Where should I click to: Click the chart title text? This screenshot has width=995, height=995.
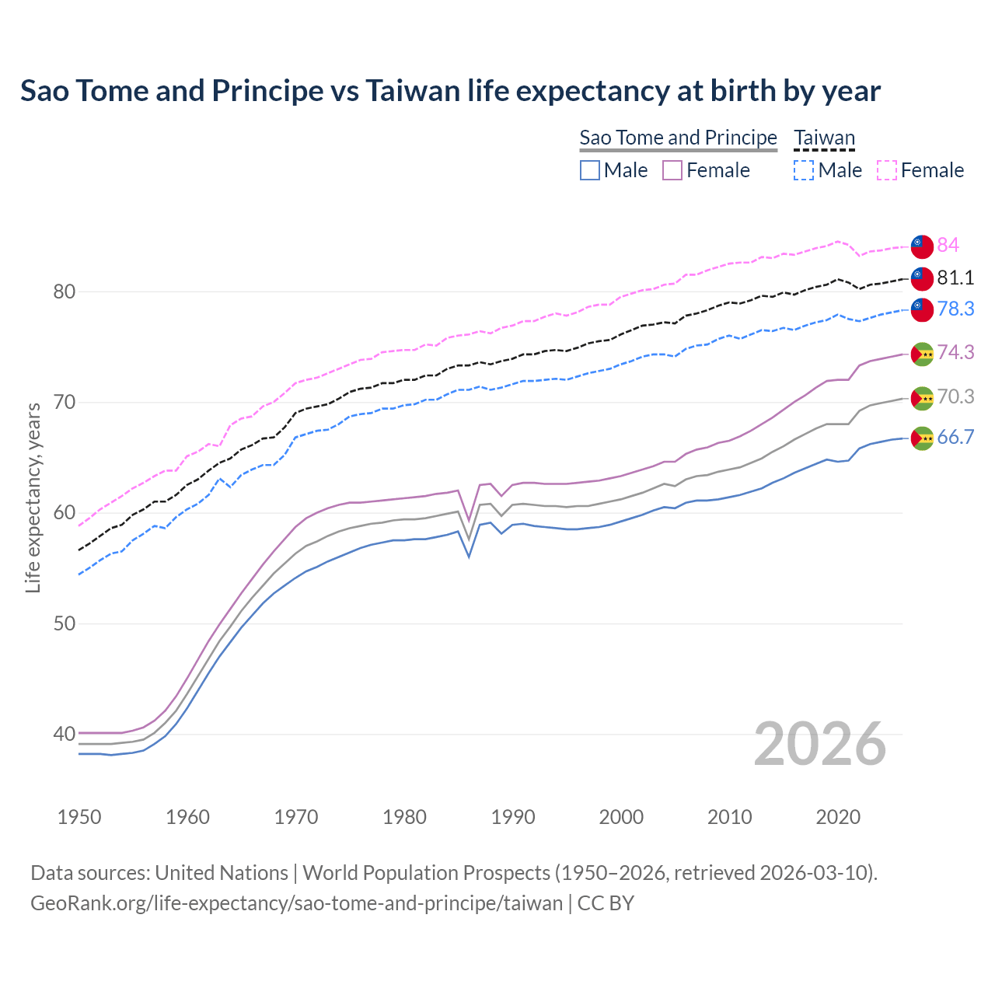click(450, 91)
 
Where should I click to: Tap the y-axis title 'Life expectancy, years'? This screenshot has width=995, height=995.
click(33, 497)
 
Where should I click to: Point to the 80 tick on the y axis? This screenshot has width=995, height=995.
click(64, 292)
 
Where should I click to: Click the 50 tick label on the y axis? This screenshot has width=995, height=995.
click(64, 623)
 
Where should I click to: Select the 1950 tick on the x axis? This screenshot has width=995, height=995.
click(79, 817)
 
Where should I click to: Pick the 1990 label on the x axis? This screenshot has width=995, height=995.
click(513, 817)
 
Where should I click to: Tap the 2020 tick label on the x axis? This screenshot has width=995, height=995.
click(838, 817)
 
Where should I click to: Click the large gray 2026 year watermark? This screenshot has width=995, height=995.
click(819, 744)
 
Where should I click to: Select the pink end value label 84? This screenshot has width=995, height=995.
click(948, 245)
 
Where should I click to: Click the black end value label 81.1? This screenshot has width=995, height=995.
click(955, 278)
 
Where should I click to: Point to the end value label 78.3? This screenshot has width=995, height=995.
click(955, 309)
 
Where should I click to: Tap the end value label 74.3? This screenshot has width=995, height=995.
click(955, 352)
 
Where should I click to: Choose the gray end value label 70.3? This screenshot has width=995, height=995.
click(955, 396)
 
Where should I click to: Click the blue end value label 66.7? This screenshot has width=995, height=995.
click(955, 437)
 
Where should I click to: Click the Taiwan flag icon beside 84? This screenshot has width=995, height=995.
click(922, 245)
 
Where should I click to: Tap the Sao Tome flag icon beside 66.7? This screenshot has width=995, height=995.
click(922, 438)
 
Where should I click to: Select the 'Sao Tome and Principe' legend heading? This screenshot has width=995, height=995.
click(678, 138)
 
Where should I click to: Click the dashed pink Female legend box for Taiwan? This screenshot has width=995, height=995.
click(887, 170)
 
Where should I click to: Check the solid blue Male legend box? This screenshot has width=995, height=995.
click(590, 170)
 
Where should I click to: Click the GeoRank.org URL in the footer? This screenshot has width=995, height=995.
click(296, 903)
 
